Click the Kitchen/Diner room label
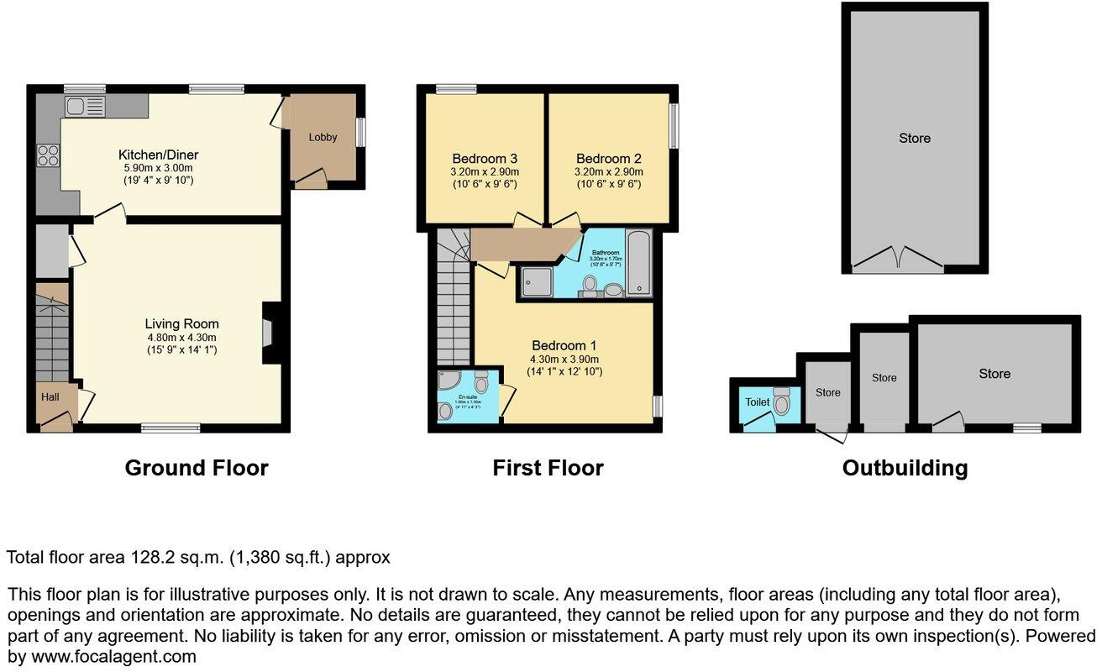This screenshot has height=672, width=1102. pyautogui.click(x=158, y=155)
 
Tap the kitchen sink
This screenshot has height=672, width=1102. pyautogui.click(x=84, y=106)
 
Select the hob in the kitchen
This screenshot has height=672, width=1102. pyautogui.click(x=48, y=155)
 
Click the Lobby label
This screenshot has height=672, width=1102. pyautogui.click(x=323, y=137)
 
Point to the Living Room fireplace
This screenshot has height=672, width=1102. pyautogui.click(x=270, y=333)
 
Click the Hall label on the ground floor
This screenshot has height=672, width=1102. pyautogui.click(x=50, y=396)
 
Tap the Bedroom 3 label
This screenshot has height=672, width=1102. pyautogui.click(x=484, y=158)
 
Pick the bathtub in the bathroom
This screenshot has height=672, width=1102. pyautogui.click(x=639, y=262)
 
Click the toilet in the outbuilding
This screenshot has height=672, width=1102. pyautogui.click(x=782, y=402)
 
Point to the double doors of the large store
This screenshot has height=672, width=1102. pyautogui.click(x=898, y=259)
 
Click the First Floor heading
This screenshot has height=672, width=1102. pyautogui.click(x=548, y=468)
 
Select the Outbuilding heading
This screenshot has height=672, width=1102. pyautogui.click(x=905, y=468)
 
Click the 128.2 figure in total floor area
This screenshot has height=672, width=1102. pyautogui.click(x=150, y=557)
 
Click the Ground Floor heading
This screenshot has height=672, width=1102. pyautogui.click(x=197, y=468)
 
